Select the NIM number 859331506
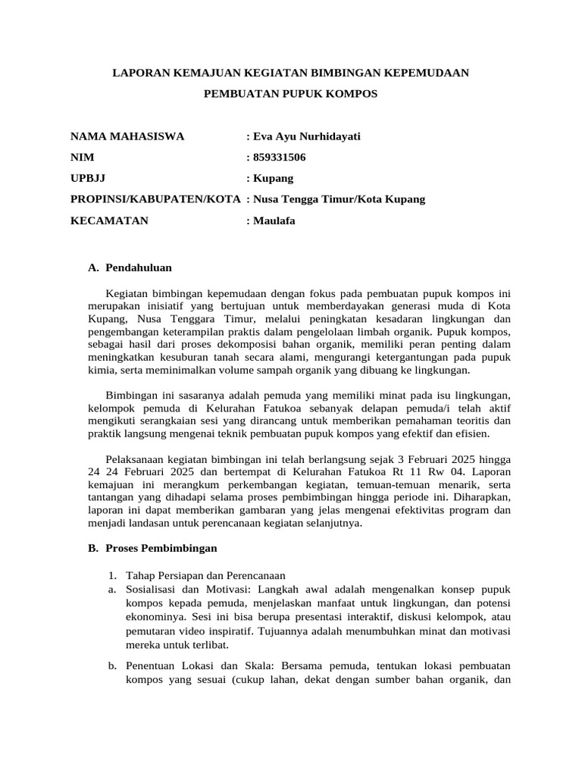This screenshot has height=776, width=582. pyautogui.click(x=280, y=158)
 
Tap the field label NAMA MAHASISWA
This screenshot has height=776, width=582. pyautogui.click(x=127, y=136)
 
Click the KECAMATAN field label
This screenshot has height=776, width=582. pyautogui.click(x=109, y=221)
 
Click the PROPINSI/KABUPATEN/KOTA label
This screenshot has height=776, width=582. pyautogui.click(x=155, y=199)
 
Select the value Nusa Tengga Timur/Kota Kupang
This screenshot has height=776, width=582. pyautogui.click(x=339, y=199)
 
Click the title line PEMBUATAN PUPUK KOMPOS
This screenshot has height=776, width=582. pyautogui.click(x=291, y=94)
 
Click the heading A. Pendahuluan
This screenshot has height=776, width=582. pyautogui.click(x=130, y=268)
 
